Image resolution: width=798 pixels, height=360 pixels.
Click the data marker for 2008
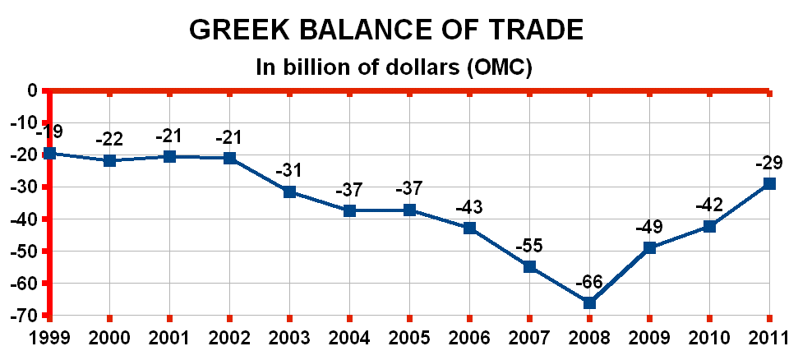589,302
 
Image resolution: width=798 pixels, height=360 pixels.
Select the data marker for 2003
289,192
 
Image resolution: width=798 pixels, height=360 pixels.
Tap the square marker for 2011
769,183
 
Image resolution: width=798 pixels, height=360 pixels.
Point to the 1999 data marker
49,153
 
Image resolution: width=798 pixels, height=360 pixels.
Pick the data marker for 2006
469,228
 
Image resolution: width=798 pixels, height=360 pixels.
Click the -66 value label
589,282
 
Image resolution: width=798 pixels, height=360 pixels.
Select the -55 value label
529,246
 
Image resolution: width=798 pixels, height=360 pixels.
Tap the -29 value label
769,164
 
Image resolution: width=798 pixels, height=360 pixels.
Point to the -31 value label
289,171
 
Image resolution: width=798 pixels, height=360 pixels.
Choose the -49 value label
649,227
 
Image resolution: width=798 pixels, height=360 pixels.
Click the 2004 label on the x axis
349,339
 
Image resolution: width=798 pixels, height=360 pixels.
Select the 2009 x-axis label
649,339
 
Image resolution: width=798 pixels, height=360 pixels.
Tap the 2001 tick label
169,339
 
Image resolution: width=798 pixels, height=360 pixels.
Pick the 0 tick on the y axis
33,90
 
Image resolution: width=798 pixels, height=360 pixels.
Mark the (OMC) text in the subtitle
499,67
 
